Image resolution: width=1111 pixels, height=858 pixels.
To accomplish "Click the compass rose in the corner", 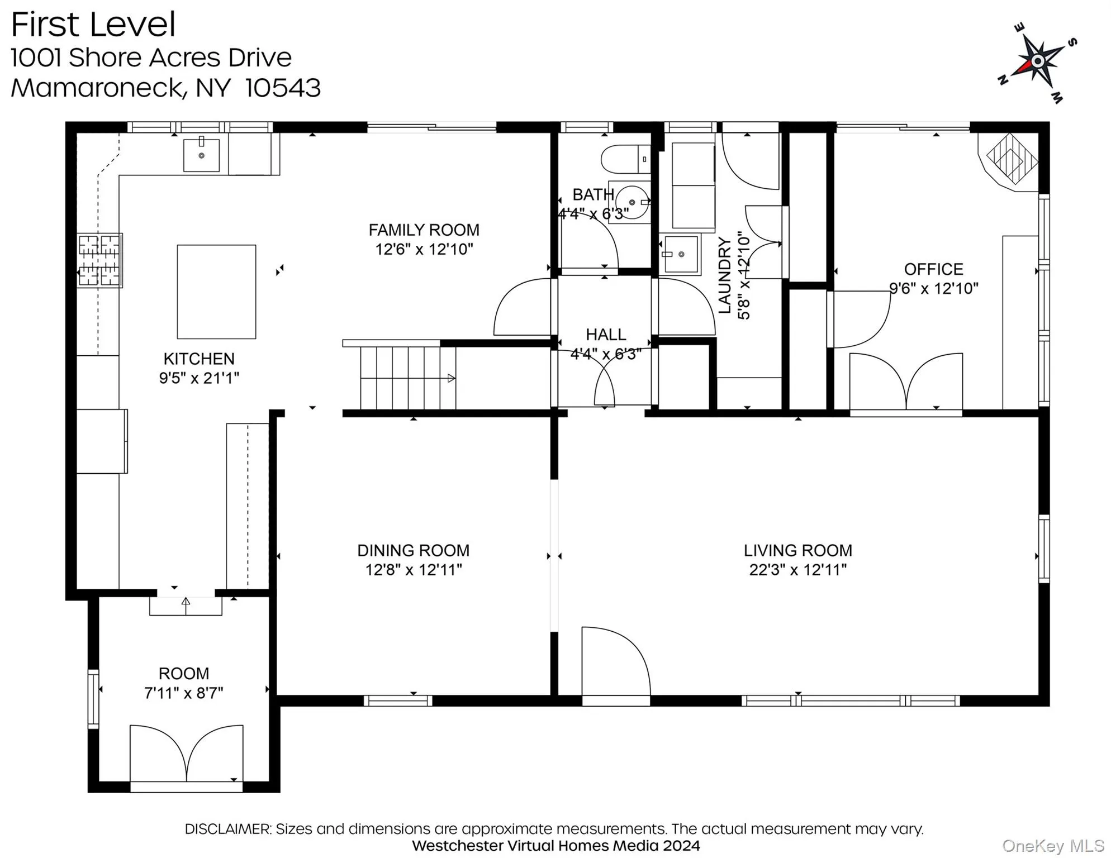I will point(1037,61).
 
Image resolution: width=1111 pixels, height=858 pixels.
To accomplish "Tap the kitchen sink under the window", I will point(201,155).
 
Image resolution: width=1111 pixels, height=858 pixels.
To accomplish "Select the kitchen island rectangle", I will point(216,292).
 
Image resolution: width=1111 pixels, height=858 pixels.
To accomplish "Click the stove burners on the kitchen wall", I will point(99,260).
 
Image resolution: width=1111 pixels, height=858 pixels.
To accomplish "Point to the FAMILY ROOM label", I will point(424,230).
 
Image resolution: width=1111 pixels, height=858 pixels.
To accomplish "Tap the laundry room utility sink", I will point(680,254).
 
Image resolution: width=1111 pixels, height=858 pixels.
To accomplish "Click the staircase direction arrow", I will point(450,378).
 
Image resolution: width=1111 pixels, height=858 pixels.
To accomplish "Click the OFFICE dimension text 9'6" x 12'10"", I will point(933,288).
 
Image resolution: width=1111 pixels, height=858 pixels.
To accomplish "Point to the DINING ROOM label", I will point(413,550).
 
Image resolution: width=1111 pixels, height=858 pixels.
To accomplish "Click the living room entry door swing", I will point(615,662).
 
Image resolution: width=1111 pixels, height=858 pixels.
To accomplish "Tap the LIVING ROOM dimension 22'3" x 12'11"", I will point(797,570).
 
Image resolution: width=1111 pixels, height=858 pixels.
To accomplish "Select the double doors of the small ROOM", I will point(186,754).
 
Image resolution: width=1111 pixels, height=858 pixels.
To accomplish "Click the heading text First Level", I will point(93,25).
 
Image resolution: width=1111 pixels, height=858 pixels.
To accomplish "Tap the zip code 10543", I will point(283,88).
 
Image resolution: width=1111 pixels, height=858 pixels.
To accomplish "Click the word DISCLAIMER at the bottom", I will point(227,829).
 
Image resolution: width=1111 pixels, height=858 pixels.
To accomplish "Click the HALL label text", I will point(605,335).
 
